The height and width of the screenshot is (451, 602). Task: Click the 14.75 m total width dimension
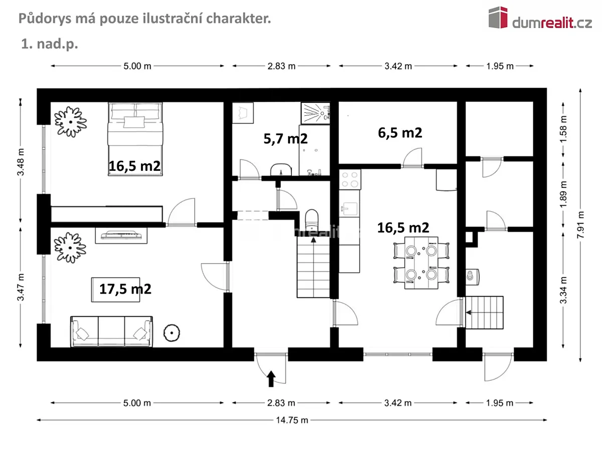[292, 420]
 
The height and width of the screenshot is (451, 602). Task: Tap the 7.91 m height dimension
[580, 225]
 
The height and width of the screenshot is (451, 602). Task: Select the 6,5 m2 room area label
[400, 133]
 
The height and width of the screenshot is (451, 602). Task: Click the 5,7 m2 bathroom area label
[285, 139]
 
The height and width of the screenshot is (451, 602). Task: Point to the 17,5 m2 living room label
[125, 289]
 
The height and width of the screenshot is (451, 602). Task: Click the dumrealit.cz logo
[540, 19]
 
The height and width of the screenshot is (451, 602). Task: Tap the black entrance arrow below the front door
[271, 379]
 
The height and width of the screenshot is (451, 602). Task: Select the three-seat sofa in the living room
[111, 331]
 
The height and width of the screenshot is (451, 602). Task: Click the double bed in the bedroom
[135, 139]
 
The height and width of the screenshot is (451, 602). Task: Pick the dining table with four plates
[421, 263]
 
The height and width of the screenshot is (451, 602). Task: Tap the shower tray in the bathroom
[316, 113]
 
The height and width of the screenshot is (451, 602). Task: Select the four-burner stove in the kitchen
[350, 179]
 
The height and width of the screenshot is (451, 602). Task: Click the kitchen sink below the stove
[349, 209]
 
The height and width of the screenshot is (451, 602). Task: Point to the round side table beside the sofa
[172, 333]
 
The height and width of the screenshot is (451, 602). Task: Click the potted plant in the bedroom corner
[71, 122]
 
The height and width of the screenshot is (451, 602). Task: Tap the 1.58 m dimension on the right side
[563, 129]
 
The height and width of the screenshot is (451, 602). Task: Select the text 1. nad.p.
[50, 44]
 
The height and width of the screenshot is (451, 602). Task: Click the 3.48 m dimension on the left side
[21, 162]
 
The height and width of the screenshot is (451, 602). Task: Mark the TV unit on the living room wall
[121, 236]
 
